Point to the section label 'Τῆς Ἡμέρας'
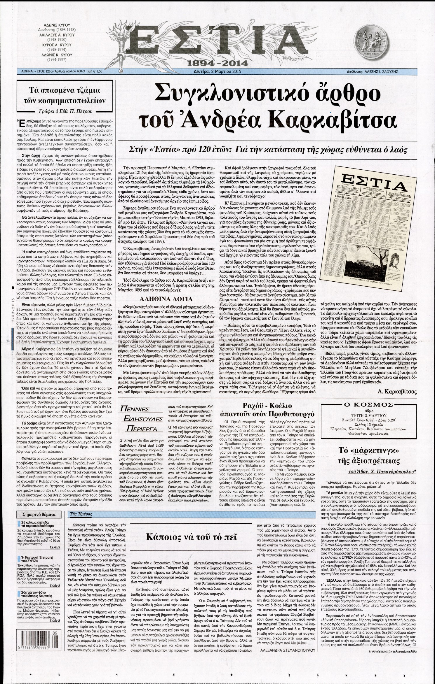click(x=79, y=514)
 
